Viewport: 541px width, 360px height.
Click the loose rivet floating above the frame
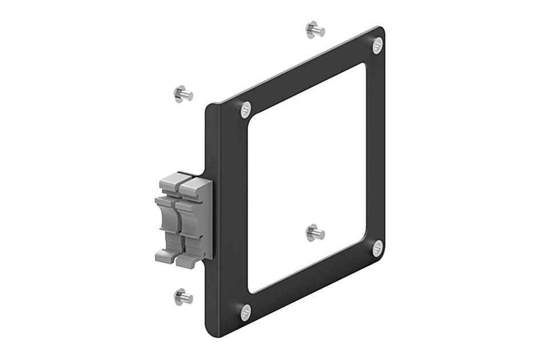click(x=315, y=29)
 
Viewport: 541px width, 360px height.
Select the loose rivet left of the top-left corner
click(x=183, y=94)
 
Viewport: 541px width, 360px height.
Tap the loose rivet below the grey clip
click(x=183, y=296)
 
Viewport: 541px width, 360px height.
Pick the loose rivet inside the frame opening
click(x=315, y=232)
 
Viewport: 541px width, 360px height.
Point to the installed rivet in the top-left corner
click(x=246, y=109)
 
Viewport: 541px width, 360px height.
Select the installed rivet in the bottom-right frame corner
click(x=377, y=248)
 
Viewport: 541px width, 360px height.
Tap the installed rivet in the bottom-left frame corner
click(x=246, y=311)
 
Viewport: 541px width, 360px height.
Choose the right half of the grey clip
click(x=192, y=220)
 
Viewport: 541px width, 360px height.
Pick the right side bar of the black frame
click(x=375, y=149)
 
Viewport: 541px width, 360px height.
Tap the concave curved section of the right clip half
click(x=187, y=223)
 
